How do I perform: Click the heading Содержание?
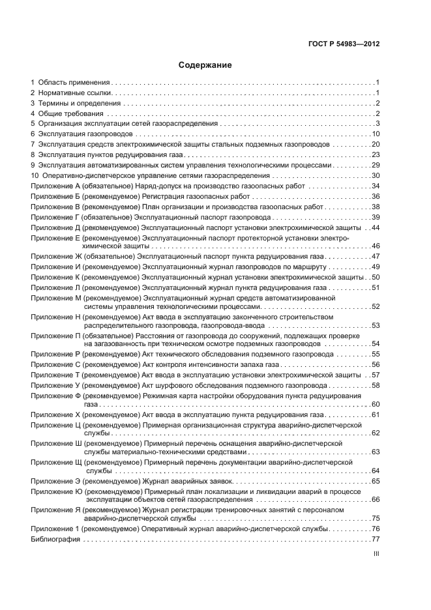tap(205, 65)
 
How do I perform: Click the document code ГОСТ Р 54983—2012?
tap(344, 44)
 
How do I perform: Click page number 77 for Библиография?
tap(376, 540)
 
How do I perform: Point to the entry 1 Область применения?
tap(70, 82)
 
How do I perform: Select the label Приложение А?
tap(55, 186)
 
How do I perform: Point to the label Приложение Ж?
tap(55, 257)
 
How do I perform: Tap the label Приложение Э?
tap(55, 480)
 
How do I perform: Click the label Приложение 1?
tap(55, 529)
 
